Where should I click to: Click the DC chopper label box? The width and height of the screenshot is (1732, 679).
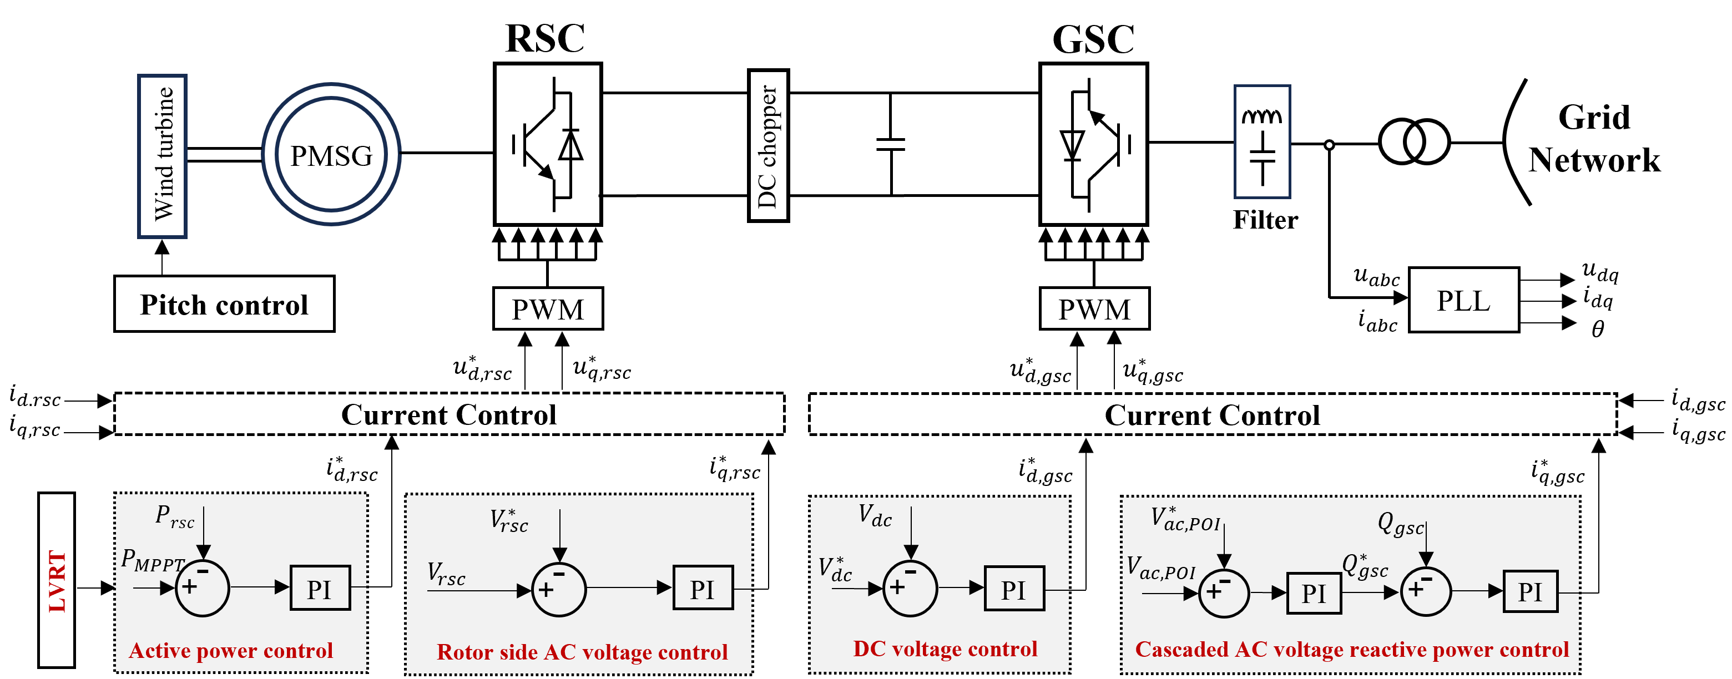[x=768, y=145]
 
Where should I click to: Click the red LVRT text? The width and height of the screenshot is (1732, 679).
[x=58, y=581]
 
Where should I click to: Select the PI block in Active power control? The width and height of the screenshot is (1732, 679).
[x=320, y=588]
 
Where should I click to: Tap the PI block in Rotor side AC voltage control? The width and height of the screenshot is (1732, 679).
[x=703, y=588]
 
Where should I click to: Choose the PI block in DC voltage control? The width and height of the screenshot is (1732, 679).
[x=1014, y=589]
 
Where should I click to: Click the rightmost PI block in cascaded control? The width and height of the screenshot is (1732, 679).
[x=1531, y=591]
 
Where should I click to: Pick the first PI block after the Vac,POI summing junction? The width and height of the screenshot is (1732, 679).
[x=1314, y=593]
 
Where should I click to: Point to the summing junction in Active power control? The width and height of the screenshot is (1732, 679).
[x=203, y=588]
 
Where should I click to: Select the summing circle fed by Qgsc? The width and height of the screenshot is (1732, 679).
[x=1426, y=591]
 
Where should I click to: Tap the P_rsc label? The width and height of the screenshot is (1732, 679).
[x=174, y=517]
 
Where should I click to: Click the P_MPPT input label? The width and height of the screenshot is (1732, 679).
[x=153, y=560]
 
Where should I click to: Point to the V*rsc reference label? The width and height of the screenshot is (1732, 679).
[x=509, y=521]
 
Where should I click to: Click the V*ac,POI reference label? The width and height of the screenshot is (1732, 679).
[x=1185, y=520]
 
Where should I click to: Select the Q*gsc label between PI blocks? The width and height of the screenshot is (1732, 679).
[x=1365, y=566]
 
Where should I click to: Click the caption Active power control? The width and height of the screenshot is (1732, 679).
[x=231, y=651]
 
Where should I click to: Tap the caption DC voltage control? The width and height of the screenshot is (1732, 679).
[x=945, y=648]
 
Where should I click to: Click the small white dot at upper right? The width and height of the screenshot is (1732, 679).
[x=1329, y=145]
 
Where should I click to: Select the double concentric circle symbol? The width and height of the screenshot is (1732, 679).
[x=331, y=154]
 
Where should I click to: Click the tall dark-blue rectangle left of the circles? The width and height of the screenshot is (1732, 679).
[x=162, y=156]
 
